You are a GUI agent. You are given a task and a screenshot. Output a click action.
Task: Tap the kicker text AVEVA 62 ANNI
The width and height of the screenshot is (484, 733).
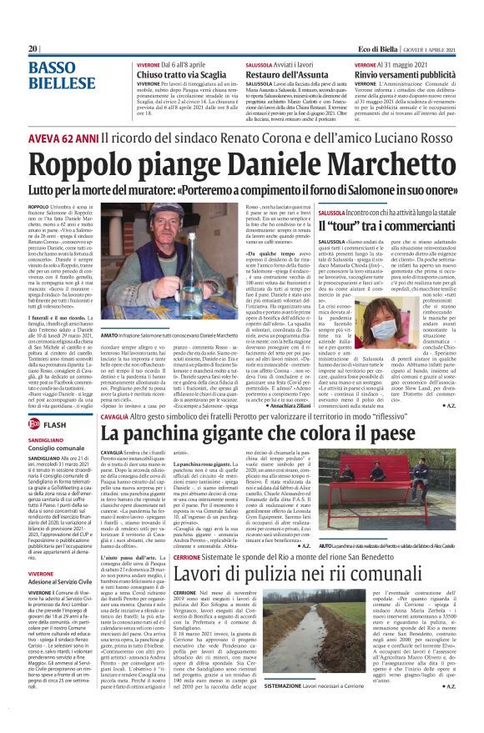coord(63,136)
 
